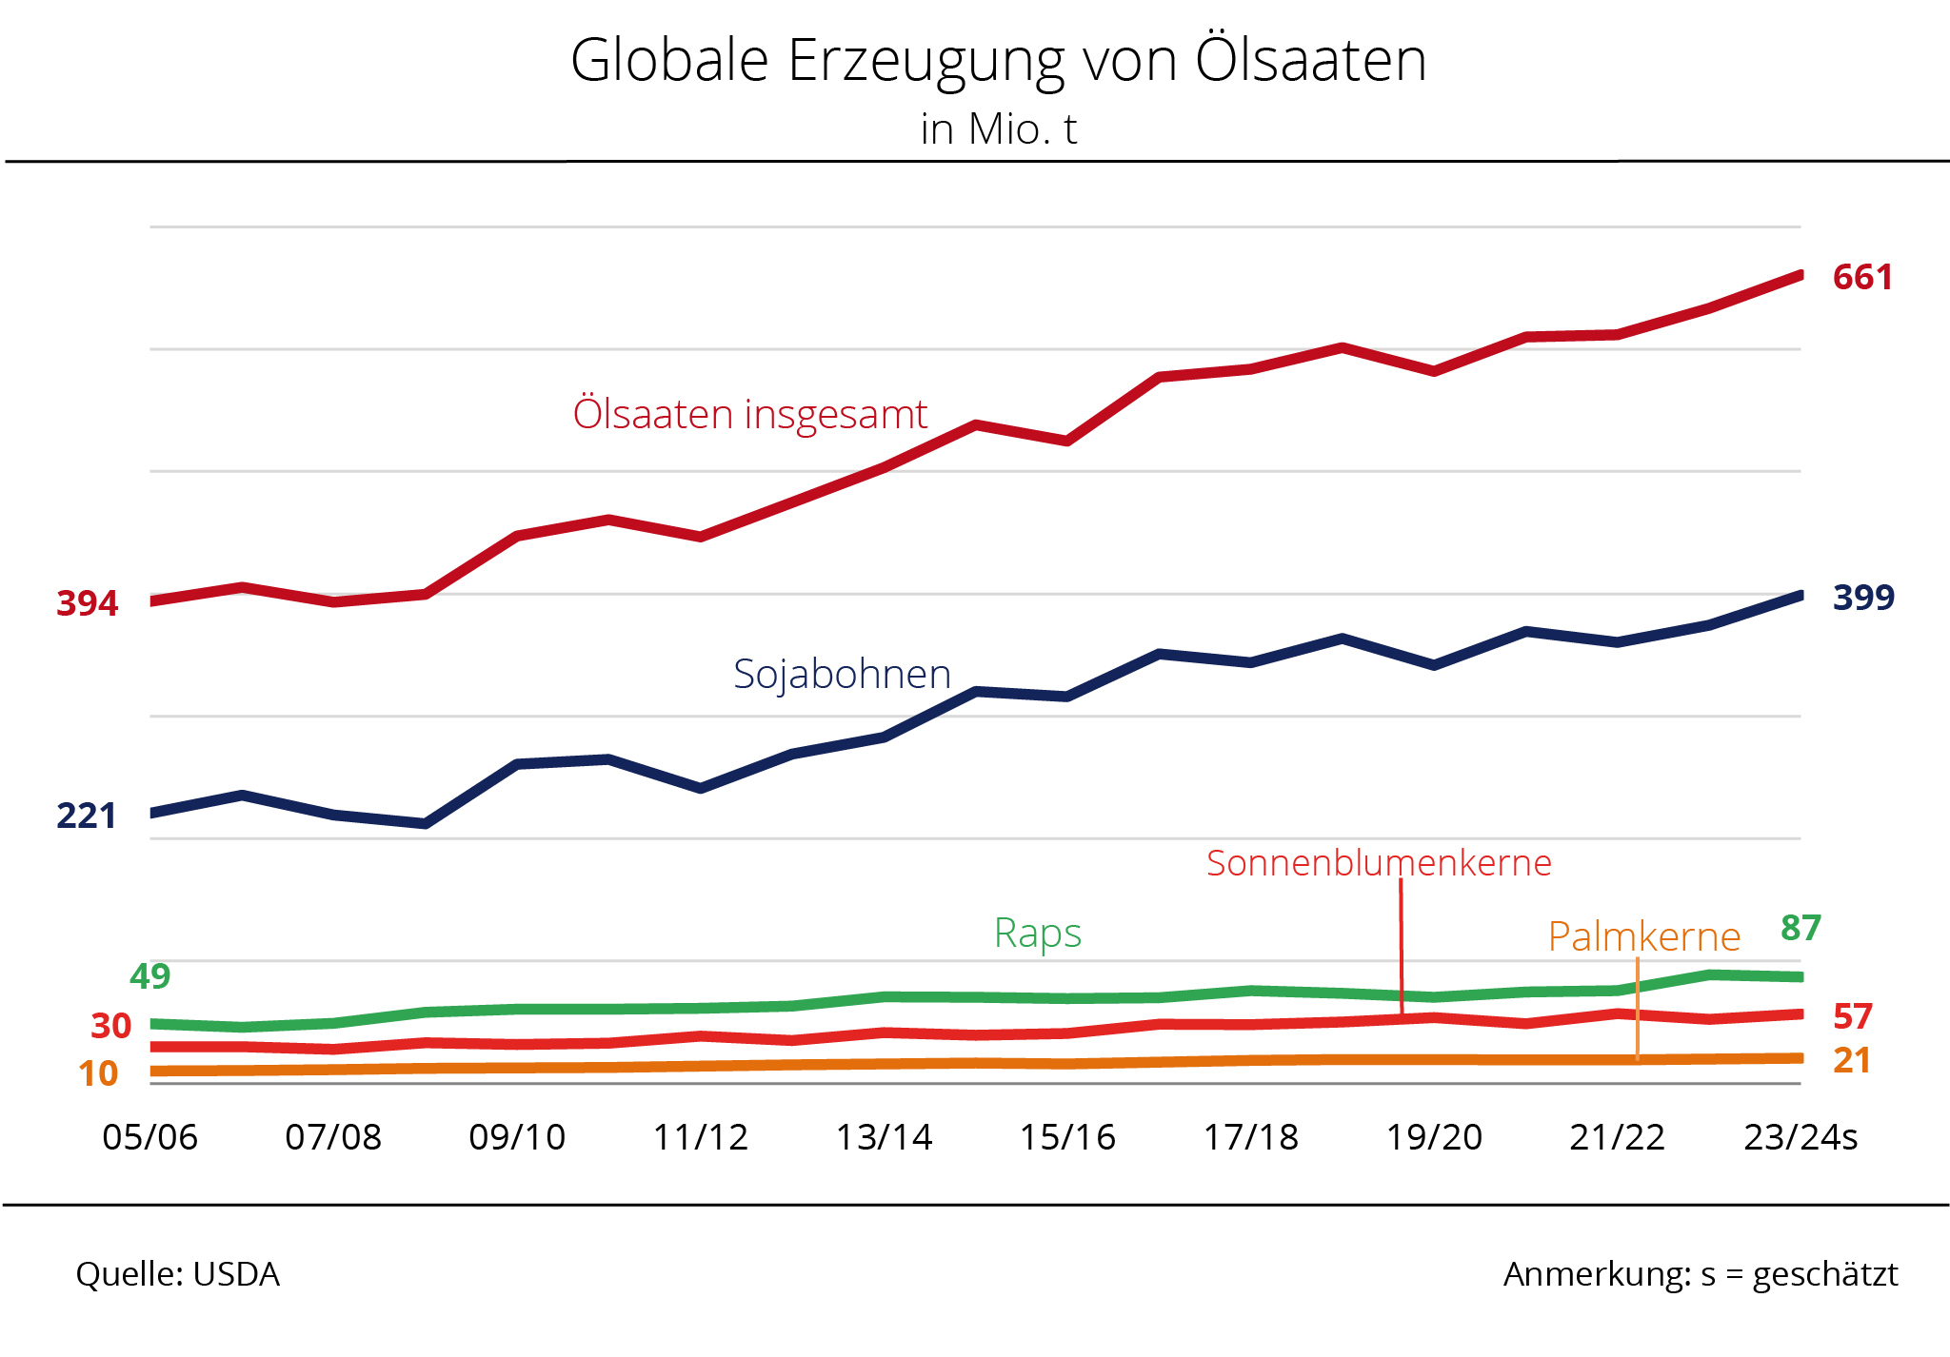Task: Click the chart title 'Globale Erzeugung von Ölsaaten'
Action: point(998,61)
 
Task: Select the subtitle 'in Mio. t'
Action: point(998,129)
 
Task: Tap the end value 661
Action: point(1862,278)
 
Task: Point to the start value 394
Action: point(88,603)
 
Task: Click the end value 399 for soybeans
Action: point(1863,598)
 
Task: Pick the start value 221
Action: point(87,816)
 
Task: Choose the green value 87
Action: point(1801,928)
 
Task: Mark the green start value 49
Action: point(149,976)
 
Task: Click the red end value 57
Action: point(1853,1017)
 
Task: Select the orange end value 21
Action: point(1852,1061)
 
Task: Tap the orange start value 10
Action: point(98,1074)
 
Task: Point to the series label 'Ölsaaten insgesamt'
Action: point(750,415)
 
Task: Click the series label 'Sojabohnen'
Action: point(842,675)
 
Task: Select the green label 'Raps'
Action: point(1038,934)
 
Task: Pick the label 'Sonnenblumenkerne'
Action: point(1379,863)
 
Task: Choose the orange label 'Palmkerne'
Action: point(1644,937)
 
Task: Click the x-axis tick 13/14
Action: point(884,1138)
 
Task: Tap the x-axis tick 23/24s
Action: point(1801,1138)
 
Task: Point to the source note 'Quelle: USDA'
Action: point(178,1275)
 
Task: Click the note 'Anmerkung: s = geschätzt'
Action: point(1701,1275)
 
